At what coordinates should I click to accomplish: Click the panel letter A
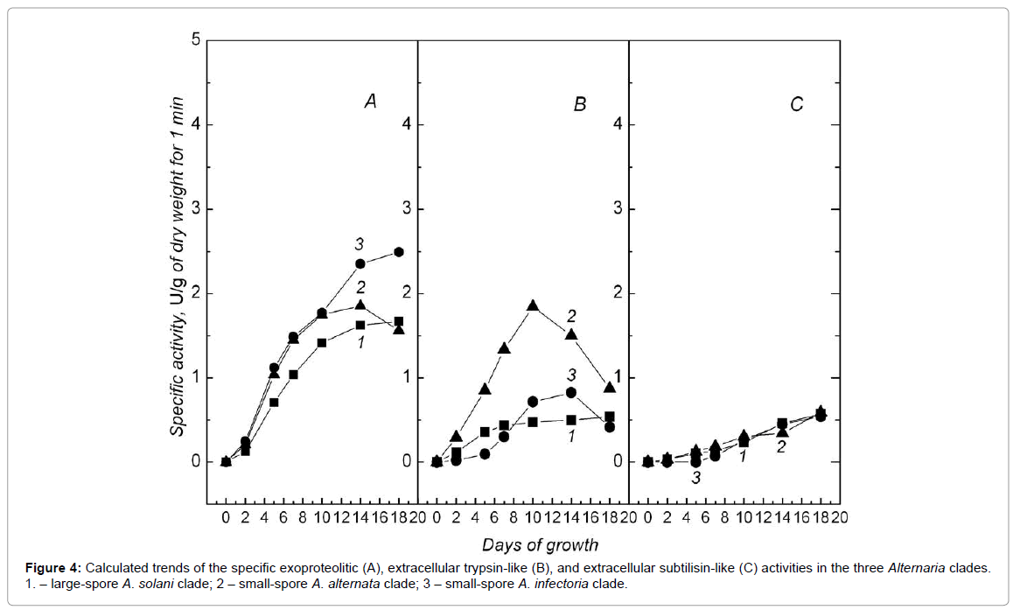point(371,102)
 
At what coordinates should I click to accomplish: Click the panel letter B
point(579,104)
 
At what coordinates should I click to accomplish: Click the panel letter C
point(796,104)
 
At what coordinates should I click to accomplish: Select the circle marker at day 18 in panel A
point(398,252)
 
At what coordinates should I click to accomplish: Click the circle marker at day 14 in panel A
point(360,263)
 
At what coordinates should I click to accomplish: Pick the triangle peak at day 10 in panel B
point(532,305)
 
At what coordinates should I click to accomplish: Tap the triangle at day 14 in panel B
point(570,333)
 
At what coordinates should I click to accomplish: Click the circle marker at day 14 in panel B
point(570,392)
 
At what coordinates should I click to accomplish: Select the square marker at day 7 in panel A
point(293,375)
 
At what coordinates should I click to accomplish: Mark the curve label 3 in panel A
point(359,242)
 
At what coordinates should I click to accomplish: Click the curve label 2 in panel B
point(570,314)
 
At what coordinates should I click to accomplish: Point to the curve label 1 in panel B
point(570,435)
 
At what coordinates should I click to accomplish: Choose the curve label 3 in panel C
point(696,478)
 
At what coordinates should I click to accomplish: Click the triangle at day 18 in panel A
point(398,329)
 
